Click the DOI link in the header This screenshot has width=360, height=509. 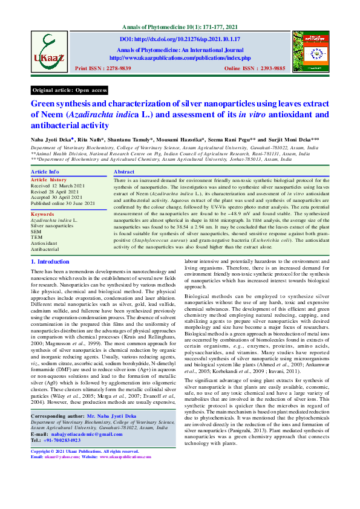tap(180, 39)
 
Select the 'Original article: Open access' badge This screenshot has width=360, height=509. tap(70, 90)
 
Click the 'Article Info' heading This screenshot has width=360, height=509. tap(45, 172)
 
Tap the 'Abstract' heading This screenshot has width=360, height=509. tap(125, 172)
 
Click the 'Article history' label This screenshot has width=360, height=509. tap(49, 180)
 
